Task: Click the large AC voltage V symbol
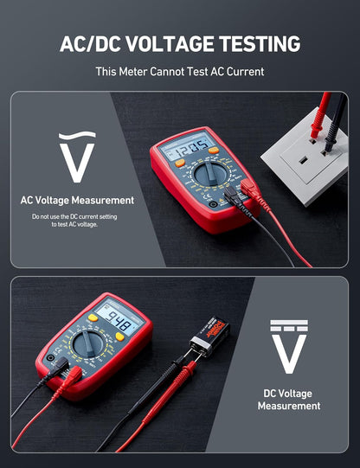point(77,157)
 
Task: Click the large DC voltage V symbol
point(288,349)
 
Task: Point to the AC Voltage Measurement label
point(77,200)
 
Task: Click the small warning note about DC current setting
point(74,220)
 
